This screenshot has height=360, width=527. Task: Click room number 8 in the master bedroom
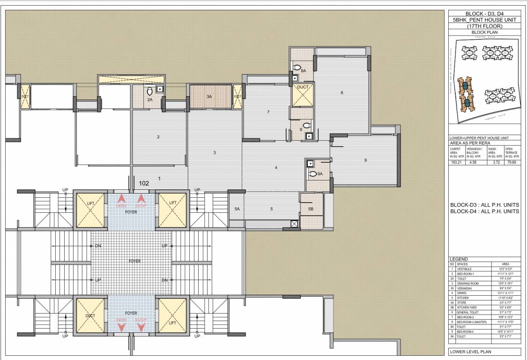(x=341, y=93)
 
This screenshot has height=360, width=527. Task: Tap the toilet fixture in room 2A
(x=149, y=90)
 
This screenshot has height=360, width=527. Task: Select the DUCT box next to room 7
(x=303, y=95)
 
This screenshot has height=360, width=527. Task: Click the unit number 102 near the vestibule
(x=144, y=184)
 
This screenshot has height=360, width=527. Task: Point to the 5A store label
(x=237, y=209)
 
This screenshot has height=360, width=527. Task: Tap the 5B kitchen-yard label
(x=311, y=209)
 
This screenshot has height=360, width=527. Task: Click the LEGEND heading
(x=459, y=259)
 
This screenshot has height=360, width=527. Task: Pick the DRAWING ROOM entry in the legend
(x=468, y=284)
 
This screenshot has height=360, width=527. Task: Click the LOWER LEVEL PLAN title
(x=470, y=351)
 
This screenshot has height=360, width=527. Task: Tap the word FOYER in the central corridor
(x=134, y=261)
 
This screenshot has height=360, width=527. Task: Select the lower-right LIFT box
(x=172, y=316)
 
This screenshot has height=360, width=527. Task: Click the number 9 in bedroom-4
(x=365, y=160)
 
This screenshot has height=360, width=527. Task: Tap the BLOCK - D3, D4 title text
(x=484, y=14)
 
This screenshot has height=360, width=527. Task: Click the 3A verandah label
(x=209, y=96)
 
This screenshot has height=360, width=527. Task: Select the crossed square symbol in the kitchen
(x=294, y=224)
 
